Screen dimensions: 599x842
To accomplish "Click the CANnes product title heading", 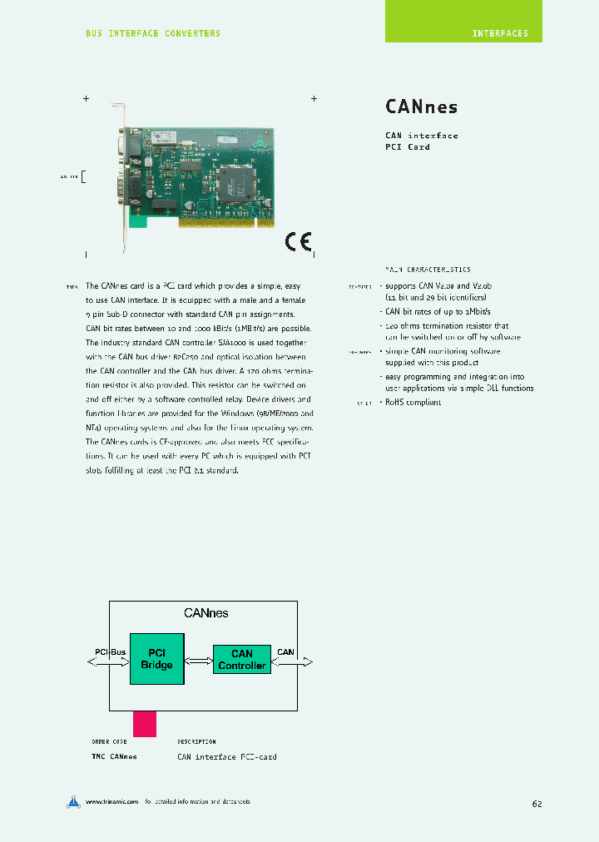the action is pyautogui.click(x=421, y=106).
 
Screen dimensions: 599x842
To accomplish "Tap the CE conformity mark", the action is pyautogui.click(x=298, y=241).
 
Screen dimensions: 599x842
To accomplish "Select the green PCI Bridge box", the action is pyautogui.click(x=156, y=659).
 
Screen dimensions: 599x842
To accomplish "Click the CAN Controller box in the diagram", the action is pyautogui.click(x=241, y=660).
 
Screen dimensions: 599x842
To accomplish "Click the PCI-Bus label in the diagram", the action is pyautogui.click(x=109, y=651).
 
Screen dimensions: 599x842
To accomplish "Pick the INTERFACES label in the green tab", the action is pyautogui.click(x=500, y=34).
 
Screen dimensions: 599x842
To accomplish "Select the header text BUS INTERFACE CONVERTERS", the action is pyautogui.click(x=153, y=33).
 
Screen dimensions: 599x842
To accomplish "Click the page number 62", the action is pyautogui.click(x=537, y=804).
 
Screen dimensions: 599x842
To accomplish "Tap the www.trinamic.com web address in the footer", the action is pyautogui.click(x=111, y=802).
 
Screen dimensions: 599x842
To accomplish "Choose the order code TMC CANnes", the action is pyautogui.click(x=114, y=757).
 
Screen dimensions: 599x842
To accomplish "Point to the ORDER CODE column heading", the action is pyautogui.click(x=109, y=741).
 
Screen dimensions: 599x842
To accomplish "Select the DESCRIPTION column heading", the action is pyautogui.click(x=196, y=741).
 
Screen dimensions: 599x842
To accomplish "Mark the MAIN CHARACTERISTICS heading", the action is pyautogui.click(x=427, y=270).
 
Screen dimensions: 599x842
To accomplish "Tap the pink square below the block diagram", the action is pyautogui.click(x=144, y=723).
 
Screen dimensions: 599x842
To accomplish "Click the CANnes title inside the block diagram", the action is pyautogui.click(x=205, y=613).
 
